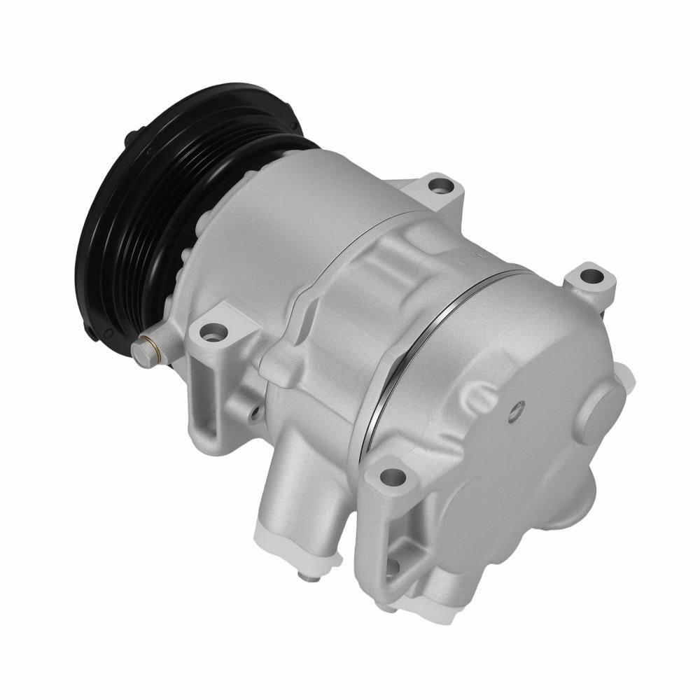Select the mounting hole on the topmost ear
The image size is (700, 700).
click(x=439, y=186)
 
